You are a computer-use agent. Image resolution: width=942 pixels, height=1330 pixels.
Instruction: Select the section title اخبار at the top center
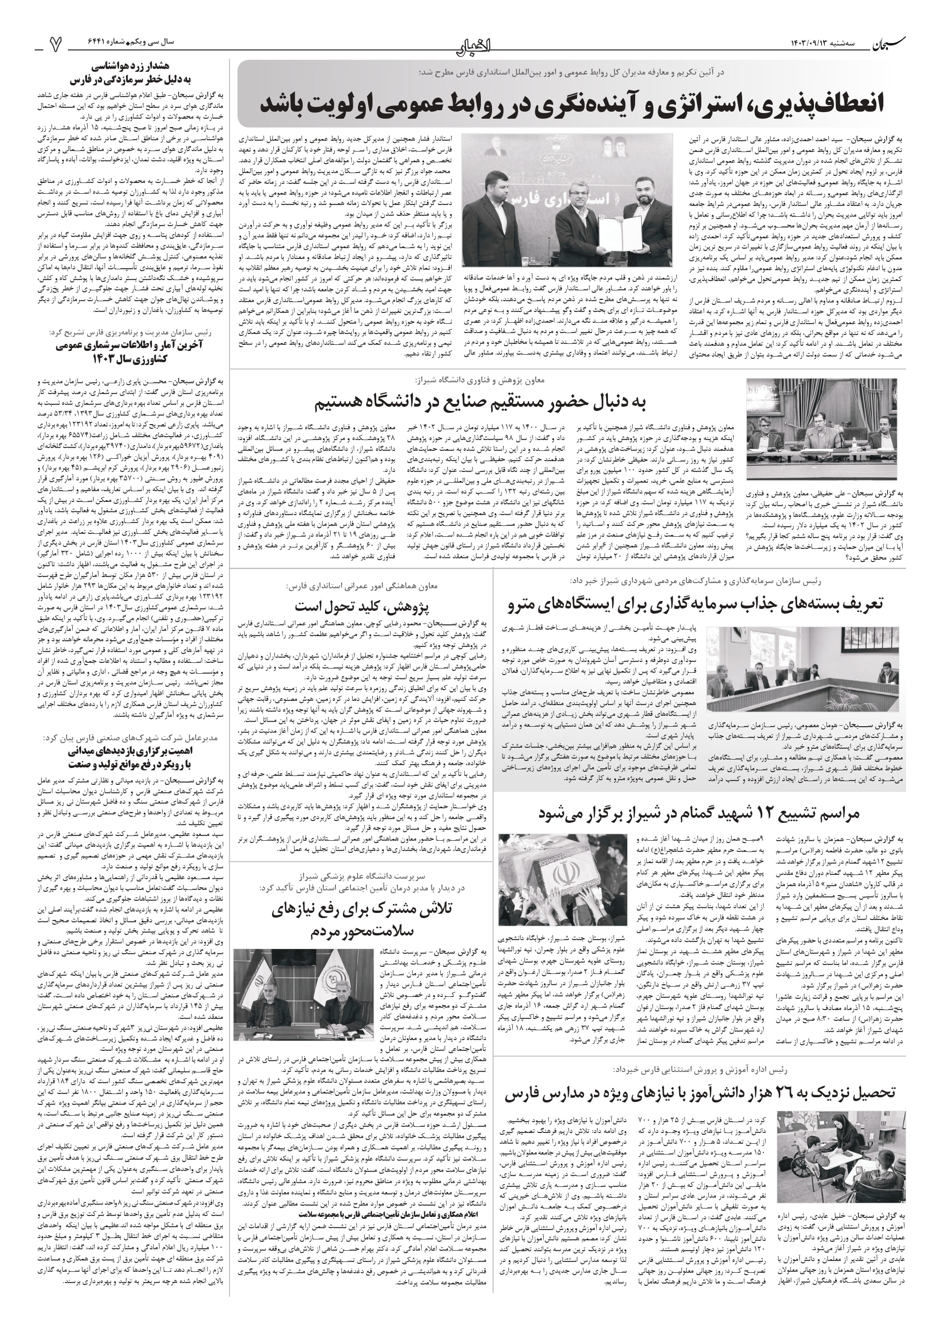[471, 44]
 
